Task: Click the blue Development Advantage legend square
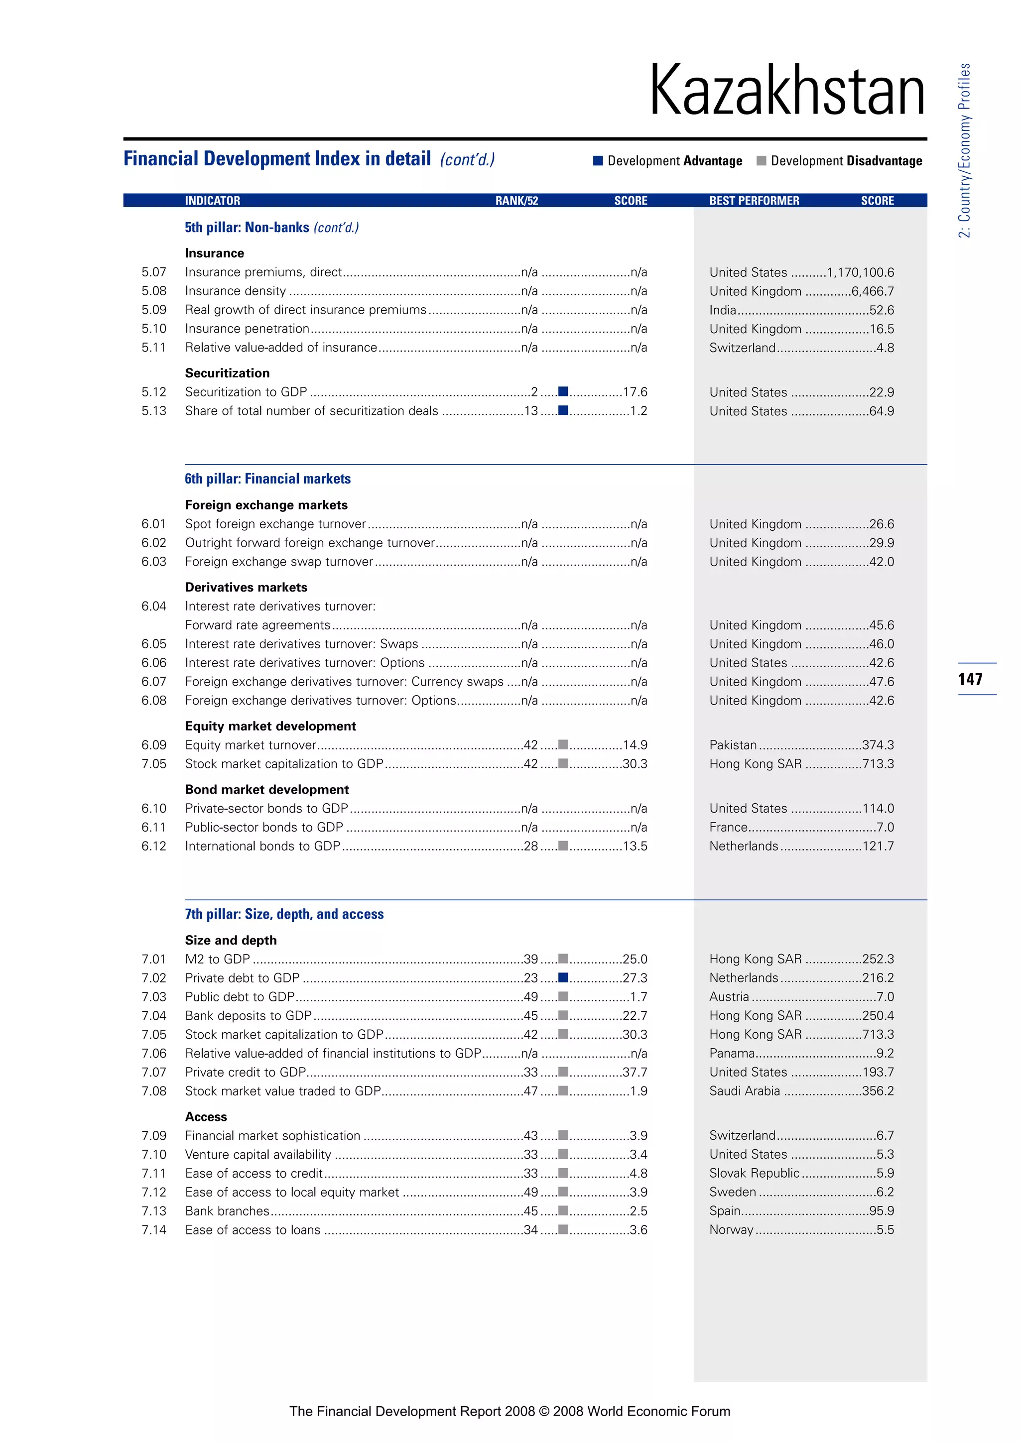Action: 598,161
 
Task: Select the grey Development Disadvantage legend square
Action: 761,161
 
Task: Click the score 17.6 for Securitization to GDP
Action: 635,392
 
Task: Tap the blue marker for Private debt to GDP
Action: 563,978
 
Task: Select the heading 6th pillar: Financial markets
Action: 267,479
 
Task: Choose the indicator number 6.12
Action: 154,846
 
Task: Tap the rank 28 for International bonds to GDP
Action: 531,846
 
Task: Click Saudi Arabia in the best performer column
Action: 744,1091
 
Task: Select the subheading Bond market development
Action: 266,789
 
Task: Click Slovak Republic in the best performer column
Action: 754,1173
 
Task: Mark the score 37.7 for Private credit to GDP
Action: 635,1072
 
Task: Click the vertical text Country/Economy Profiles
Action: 965,151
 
